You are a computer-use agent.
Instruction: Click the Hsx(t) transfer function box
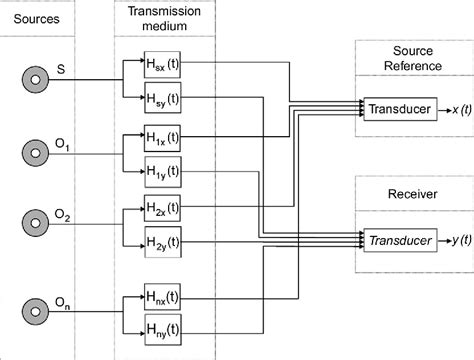[161, 64]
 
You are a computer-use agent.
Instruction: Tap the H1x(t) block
[161, 136]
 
